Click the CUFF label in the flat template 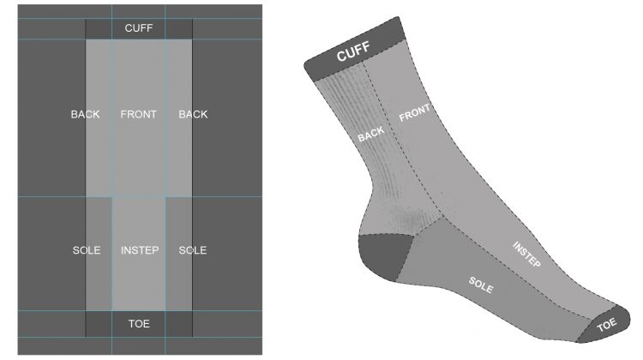point(139,28)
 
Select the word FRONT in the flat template point(139,114)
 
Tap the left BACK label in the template point(85,114)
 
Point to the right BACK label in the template point(193,114)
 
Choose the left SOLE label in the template point(87,250)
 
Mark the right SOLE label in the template point(193,250)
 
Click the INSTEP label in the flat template point(140,250)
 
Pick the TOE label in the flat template point(139,324)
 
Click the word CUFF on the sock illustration point(353,51)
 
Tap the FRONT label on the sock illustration point(415,112)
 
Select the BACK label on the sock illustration point(371,134)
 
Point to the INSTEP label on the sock point(527,255)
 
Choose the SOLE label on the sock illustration point(481,285)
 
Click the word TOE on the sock point(607,325)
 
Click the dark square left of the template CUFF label point(99,29)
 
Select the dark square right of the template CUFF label point(179,29)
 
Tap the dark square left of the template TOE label point(99,324)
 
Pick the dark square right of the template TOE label point(179,324)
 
